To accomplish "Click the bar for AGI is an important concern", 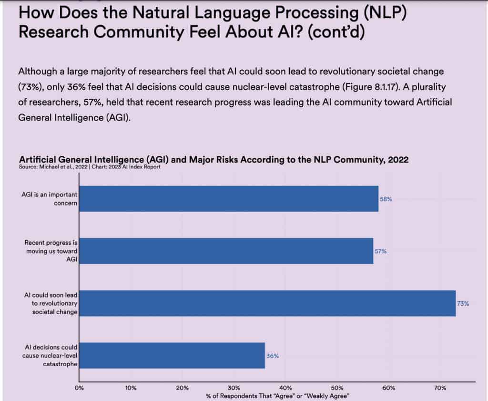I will point(229,199).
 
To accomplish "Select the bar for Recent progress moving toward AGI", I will point(226,251).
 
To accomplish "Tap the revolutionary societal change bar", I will point(267,303).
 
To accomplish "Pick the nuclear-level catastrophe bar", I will point(172,355).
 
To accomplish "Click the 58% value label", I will point(386,199).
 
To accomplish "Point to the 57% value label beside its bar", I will point(380,251).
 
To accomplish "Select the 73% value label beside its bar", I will point(463,303).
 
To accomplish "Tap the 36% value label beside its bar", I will point(273,356).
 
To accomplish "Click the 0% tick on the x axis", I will point(80,388).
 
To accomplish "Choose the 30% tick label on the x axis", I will point(234,388).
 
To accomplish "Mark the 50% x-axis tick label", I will point(337,388).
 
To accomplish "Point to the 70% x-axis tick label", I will point(440,388).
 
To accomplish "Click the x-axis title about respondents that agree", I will point(277,396).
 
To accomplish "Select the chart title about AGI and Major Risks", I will point(213,160).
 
